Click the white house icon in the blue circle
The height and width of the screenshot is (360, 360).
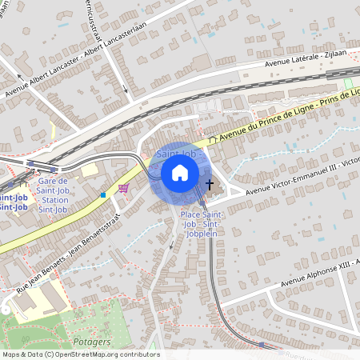pos(180,173)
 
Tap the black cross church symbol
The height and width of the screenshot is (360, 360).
pos(210,186)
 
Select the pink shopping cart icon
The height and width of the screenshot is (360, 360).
pos(123,188)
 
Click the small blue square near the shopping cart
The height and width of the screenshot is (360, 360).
pos(102,194)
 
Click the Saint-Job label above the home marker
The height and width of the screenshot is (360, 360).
pos(176,153)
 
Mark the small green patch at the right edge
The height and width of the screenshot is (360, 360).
pos(348,83)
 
